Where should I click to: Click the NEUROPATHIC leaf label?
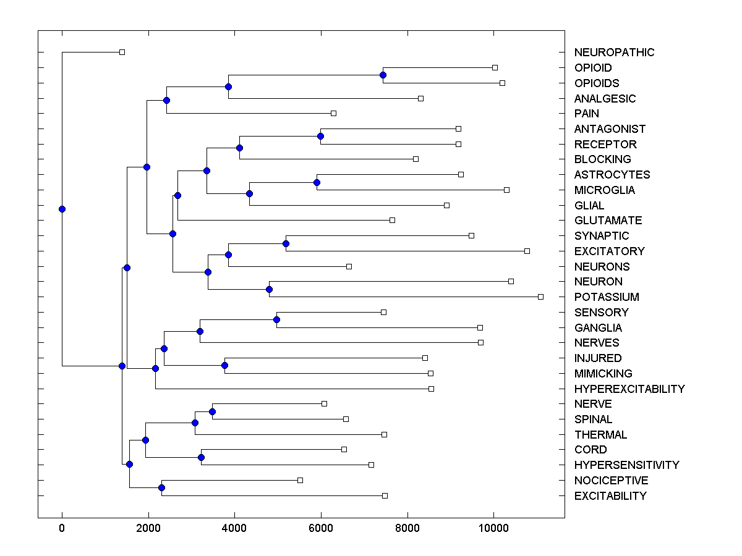[613, 53]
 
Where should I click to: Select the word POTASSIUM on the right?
[606, 297]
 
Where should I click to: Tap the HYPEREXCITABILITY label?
[629, 389]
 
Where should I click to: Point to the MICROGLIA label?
[603, 190]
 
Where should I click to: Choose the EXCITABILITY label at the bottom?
[610, 496]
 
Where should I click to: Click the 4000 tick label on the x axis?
[234, 527]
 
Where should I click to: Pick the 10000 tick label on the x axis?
[493, 527]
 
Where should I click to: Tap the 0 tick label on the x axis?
[62, 527]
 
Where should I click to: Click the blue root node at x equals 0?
[62, 209]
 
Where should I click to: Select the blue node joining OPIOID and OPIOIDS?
[383, 75]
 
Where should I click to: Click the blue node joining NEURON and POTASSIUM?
[269, 289]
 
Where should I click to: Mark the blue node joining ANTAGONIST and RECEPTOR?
[320, 136]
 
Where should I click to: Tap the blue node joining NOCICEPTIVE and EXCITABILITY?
[161, 488]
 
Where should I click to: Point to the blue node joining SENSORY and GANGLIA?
[276, 319]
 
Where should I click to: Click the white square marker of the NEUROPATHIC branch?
[122, 52]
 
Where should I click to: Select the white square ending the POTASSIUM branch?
[540, 297]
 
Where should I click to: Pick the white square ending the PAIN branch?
[333, 113]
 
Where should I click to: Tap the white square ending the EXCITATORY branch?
[527, 251]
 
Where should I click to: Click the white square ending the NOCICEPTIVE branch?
[300, 480]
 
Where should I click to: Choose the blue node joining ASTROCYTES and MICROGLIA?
[317, 182]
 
